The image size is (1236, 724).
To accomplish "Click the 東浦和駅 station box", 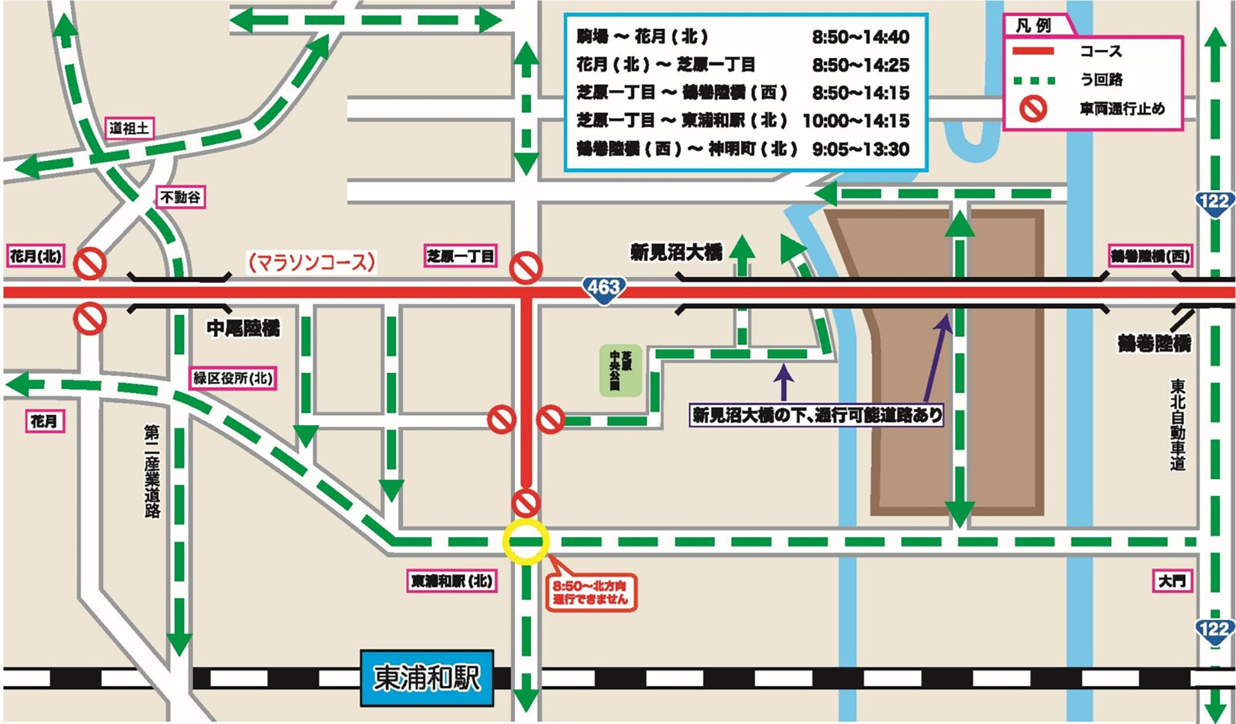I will pos(427,678).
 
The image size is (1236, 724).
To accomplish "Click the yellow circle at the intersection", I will pos(526,542).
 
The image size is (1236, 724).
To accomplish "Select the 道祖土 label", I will pos(130,128).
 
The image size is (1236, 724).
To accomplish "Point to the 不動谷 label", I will pos(181,197).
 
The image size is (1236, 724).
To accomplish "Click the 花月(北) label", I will pos(36,256).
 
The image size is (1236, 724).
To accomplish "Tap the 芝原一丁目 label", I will pos(460,256).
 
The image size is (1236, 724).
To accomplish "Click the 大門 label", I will pos(1172,581).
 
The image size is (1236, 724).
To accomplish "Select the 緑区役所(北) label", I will pos(233,377).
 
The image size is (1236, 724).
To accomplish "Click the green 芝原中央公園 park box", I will pos(620,370).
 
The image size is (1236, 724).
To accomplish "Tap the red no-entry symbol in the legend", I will pos(1033,109).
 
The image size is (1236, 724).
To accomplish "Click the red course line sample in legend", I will pos(1033,51).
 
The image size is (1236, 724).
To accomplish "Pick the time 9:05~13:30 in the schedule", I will pos(860,149).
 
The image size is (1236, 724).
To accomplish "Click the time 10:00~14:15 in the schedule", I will pos(856,121).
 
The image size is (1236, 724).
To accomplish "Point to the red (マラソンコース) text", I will pos(312,262).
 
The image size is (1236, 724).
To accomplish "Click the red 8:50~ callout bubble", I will pos(590,593).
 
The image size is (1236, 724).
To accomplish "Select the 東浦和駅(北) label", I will pos(452,581).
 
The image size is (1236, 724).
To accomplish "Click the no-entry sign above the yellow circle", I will pos(526,502).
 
